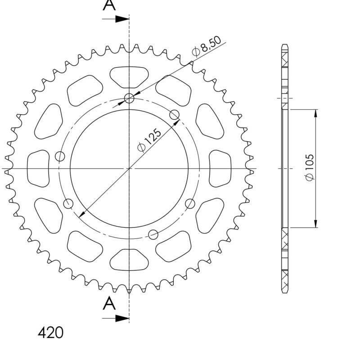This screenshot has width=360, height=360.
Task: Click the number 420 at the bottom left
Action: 50,333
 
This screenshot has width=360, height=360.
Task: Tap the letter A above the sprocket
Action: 109,5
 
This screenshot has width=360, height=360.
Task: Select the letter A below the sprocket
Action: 109,304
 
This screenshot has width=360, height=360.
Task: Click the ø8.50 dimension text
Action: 207,47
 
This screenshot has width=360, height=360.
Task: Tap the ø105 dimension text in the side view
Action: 310,168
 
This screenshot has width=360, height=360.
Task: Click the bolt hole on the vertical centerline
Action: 130,98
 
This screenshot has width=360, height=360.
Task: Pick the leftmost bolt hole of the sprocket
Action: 60,157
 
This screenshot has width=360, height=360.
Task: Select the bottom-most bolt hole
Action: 153,234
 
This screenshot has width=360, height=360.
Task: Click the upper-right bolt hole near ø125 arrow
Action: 175,114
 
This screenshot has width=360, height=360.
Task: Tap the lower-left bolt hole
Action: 68,204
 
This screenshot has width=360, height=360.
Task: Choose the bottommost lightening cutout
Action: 129,259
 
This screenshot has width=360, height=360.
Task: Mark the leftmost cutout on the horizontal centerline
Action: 38,168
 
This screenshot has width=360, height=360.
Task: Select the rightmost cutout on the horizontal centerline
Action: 220,168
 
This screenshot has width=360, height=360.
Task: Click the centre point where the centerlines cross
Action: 130,168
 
